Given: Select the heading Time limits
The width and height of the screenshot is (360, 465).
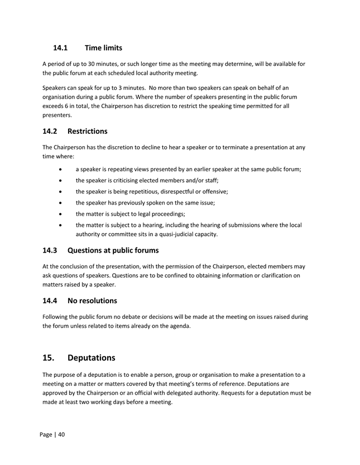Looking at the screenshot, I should pyautogui.click(x=103, y=48).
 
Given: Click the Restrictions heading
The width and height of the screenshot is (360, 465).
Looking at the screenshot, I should pyautogui.click(x=87, y=132).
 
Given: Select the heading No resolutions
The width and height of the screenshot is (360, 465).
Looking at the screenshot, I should pyautogui.click(x=92, y=301).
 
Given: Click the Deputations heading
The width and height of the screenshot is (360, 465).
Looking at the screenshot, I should pyautogui.click(x=91, y=357).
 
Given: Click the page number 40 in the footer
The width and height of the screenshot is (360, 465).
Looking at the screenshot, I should pyautogui.click(x=61, y=435).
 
